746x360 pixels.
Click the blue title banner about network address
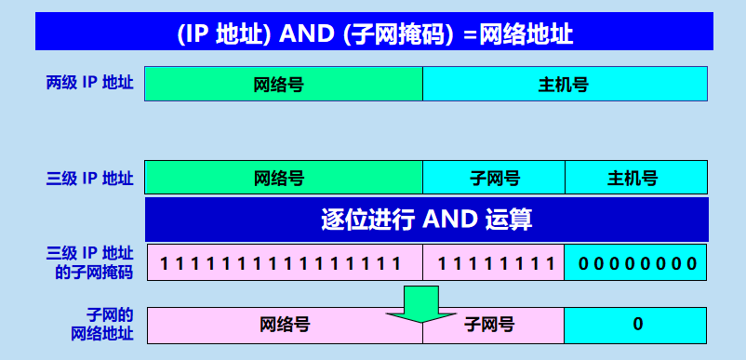[374, 34]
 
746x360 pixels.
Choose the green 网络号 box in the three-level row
[283, 178]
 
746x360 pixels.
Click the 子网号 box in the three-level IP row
[494, 178]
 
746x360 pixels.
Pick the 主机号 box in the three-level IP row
[635, 178]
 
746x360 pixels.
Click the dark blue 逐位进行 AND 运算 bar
[426, 220]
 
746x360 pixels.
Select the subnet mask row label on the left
[90, 262]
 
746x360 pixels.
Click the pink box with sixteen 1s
[283, 262]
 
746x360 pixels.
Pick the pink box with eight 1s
[494, 262]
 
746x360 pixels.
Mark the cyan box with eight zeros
[635, 262]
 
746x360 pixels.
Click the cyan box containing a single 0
[635, 324]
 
